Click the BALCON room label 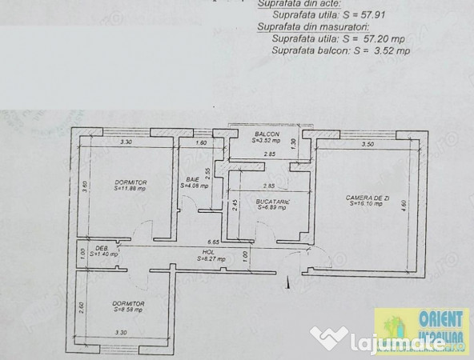[x=267, y=134]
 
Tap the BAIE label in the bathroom [x=192, y=179]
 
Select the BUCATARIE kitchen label [x=271, y=202]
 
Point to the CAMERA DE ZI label [x=367, y=198]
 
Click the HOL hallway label [x=207, y=252]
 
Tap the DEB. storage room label [x=102, y=248]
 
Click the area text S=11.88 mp [x=131, y=190]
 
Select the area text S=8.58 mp [x=128, y=310]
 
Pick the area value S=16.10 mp [x=367, y=204]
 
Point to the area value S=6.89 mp [x=272, y=208]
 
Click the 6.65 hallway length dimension [x=214, y=241]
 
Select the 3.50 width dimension [x=368, y=145]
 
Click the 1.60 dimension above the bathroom [x=202, y=143]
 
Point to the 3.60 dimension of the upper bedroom [x=84, y=186]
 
